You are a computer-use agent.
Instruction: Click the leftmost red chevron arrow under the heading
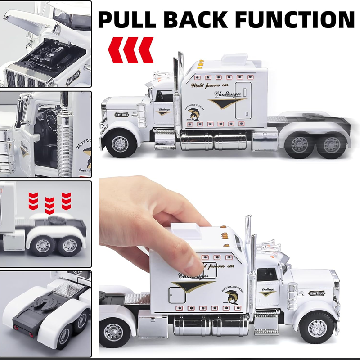[116, 49]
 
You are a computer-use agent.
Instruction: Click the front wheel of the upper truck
[120, 144]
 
